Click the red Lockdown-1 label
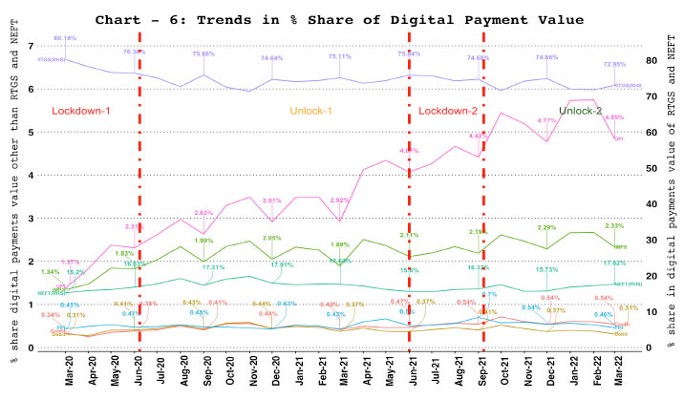point(81,111)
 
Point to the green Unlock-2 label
point(581,111)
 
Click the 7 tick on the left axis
point(32,47)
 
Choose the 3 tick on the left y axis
point(32,219)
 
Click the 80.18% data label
point(65,37)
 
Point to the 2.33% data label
point(614,225)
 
